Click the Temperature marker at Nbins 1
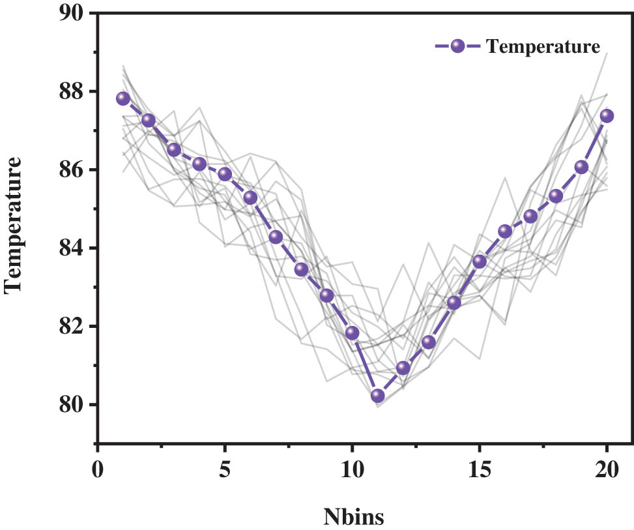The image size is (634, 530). coord(123,98)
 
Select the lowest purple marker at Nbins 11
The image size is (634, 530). coord(378,396)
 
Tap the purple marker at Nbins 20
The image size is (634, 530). coord(607,115)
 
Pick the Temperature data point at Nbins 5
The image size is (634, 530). coord(225,174)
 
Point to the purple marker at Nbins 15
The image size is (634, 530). coord(480,261)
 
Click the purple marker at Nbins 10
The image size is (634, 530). coord(353,333)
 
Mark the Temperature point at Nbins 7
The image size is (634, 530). coord(276,237)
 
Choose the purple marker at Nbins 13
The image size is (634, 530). coord(429,342)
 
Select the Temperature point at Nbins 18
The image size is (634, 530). coord(556,196)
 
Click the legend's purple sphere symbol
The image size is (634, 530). coord(457,46)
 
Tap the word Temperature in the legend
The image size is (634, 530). coord(543,47)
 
